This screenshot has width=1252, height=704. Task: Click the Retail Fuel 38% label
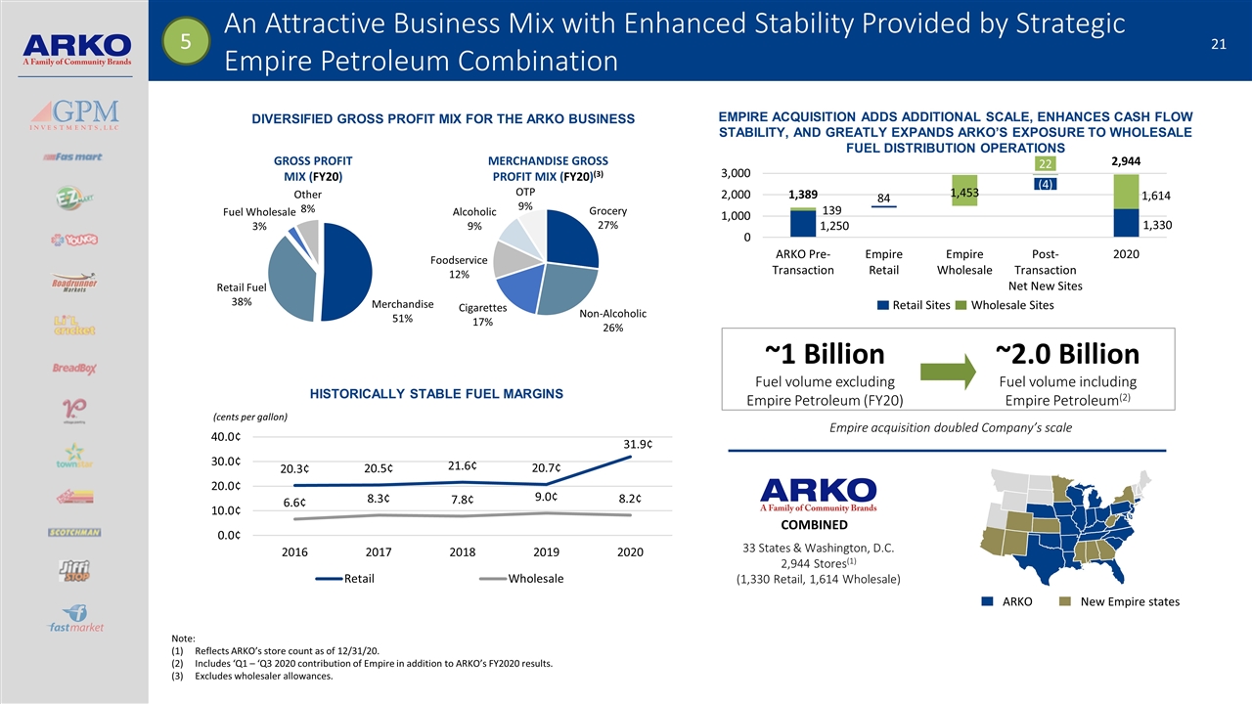tap(234, 295)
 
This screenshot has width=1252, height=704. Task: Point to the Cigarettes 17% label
tap(482, 314)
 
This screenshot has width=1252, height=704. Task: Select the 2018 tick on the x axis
tap(463, 552)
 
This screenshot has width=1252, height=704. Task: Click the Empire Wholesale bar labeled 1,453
tap(964, 191)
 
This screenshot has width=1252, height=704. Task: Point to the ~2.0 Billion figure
tap(1067, 354)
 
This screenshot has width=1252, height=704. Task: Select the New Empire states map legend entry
tap(1121, 601)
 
